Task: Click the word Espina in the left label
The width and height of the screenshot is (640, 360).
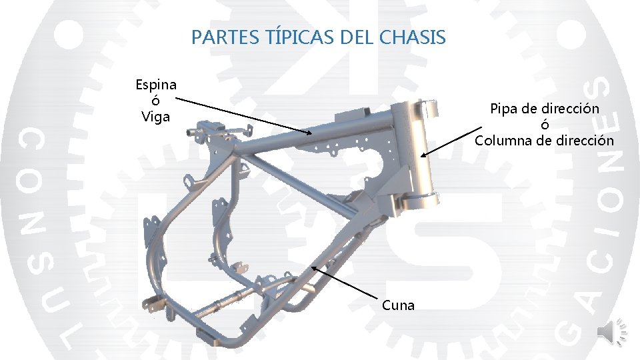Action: click(x=156, y=85)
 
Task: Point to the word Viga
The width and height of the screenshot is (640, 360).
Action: click(x=156, y=117)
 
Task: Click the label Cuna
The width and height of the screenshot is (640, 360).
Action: click(x=398, y=305)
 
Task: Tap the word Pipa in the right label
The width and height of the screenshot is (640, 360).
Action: click(x=505, y=108)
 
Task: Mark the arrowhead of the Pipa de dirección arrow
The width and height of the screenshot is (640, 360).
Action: click(x=423, y=156)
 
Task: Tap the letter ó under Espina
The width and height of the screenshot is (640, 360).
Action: click(x=156, y=101)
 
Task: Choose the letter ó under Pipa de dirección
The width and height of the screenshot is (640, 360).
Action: click(x=545, y=125)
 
